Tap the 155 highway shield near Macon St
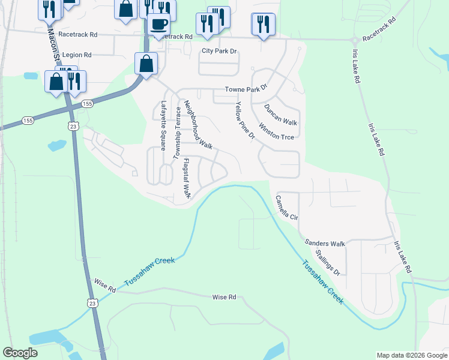tap(88, 104)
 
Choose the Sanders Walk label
tap(325, 243)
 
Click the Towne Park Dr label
tap(245, 89)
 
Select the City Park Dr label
tap(220, 52)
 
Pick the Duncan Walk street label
tap(281, 115)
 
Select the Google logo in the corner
tap(20, 353)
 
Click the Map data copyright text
tap(411, 355)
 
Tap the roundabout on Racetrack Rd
tap(354, 40)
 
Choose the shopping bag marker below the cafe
tap(146, 64)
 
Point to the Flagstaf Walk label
tap(186, 178)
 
